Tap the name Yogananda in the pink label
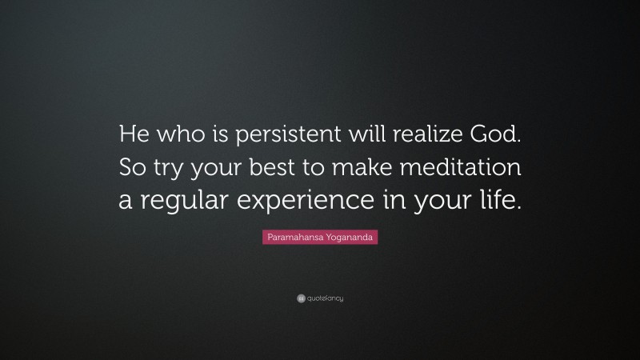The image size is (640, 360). pyautogui.click(x=349, y=238)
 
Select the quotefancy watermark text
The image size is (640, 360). pyautogui.click(x=325, y=298)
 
